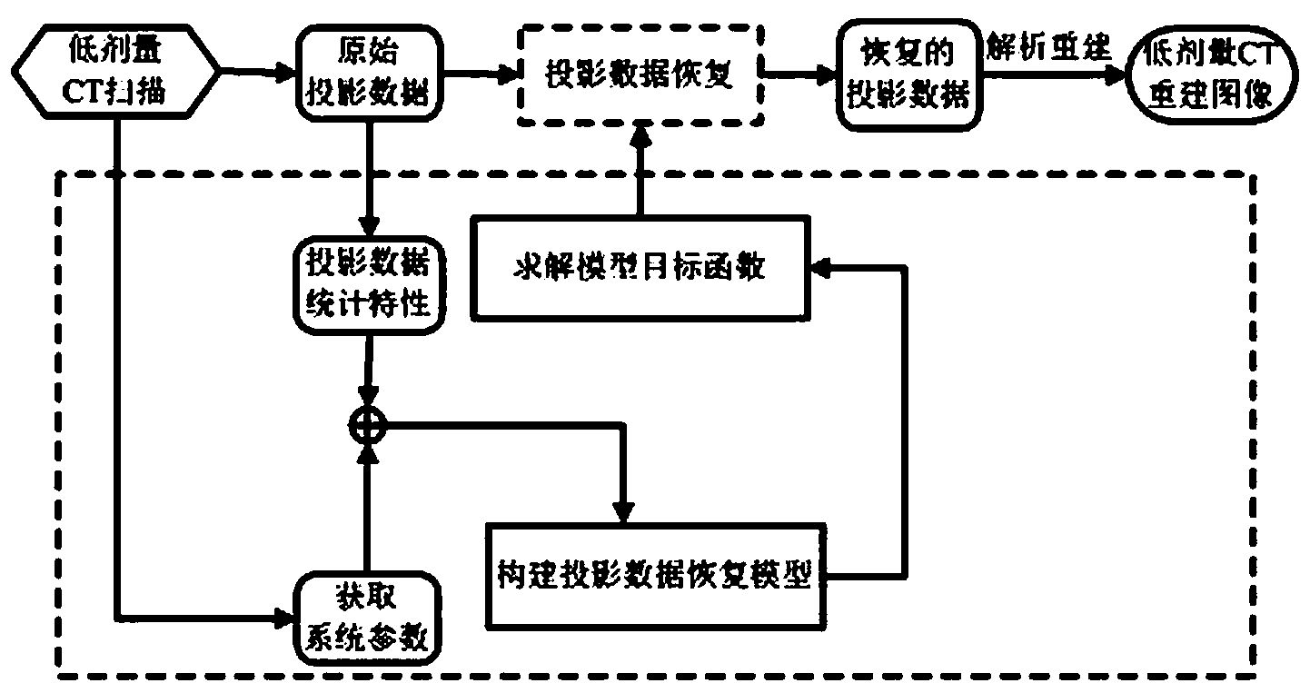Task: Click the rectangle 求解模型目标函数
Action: point(640,269)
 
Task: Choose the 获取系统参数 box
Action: point(367,623)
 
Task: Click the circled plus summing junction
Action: point(367,421)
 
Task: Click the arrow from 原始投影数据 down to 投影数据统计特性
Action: point(367,182)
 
